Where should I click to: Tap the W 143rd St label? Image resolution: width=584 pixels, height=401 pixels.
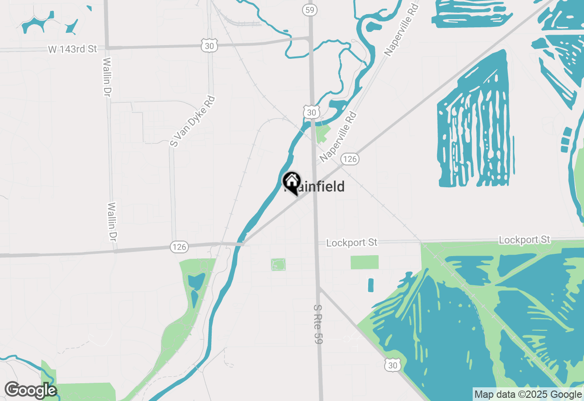pos(73,49)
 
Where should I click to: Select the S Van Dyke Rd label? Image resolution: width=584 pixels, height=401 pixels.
pos(192,121)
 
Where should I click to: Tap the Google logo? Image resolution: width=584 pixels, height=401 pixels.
pos(31,391)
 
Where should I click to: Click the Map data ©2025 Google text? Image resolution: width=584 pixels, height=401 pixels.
pos(527,395)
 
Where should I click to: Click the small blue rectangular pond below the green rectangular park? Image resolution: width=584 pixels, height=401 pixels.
pos(370,285)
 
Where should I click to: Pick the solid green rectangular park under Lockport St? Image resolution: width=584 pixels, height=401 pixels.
pos(364,262)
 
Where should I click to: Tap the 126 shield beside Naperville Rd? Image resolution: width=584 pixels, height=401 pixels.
pos(349,159)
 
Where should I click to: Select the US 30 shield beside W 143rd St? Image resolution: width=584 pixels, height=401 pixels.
pos(209,44)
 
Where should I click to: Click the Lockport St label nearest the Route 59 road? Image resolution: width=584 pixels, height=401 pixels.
pos(352,242)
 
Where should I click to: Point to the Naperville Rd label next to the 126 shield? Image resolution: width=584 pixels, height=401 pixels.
pos(338,136)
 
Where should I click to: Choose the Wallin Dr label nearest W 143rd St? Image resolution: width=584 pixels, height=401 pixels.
pos(108,77)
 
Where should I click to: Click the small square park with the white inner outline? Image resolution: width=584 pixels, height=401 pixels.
pos(278,264)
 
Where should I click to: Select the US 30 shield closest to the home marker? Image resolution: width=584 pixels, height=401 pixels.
pos(311,112)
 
